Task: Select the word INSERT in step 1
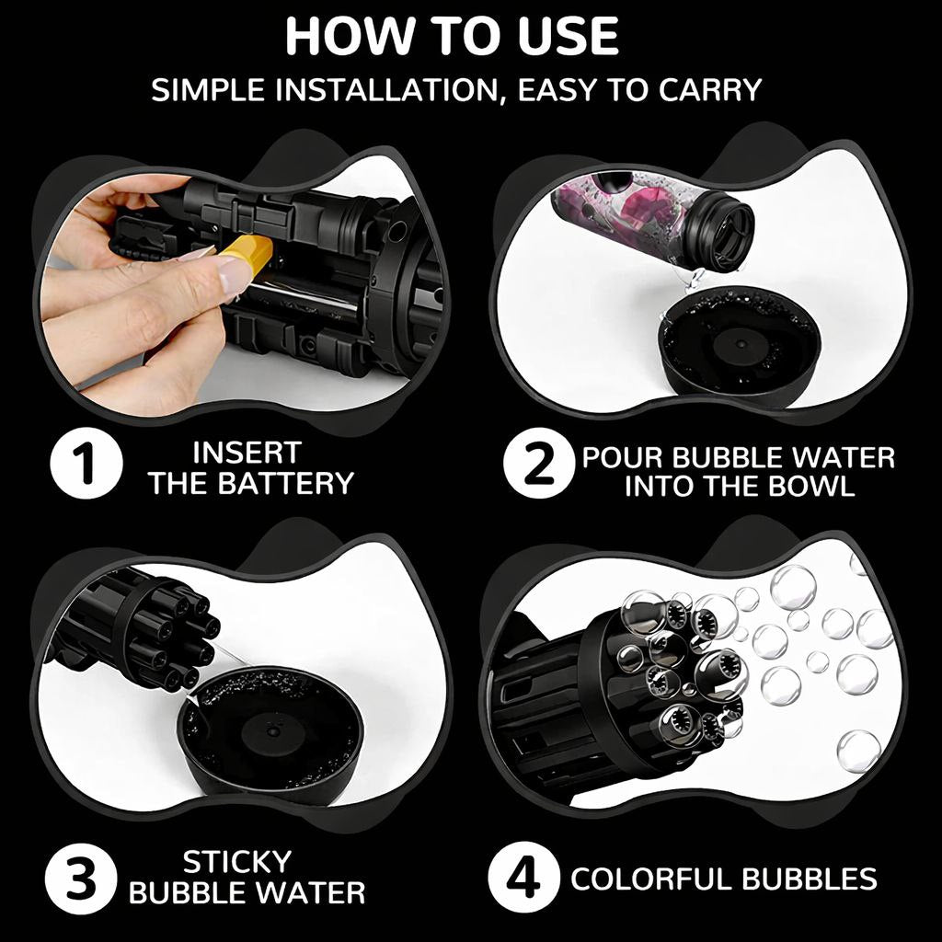[247, 453]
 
